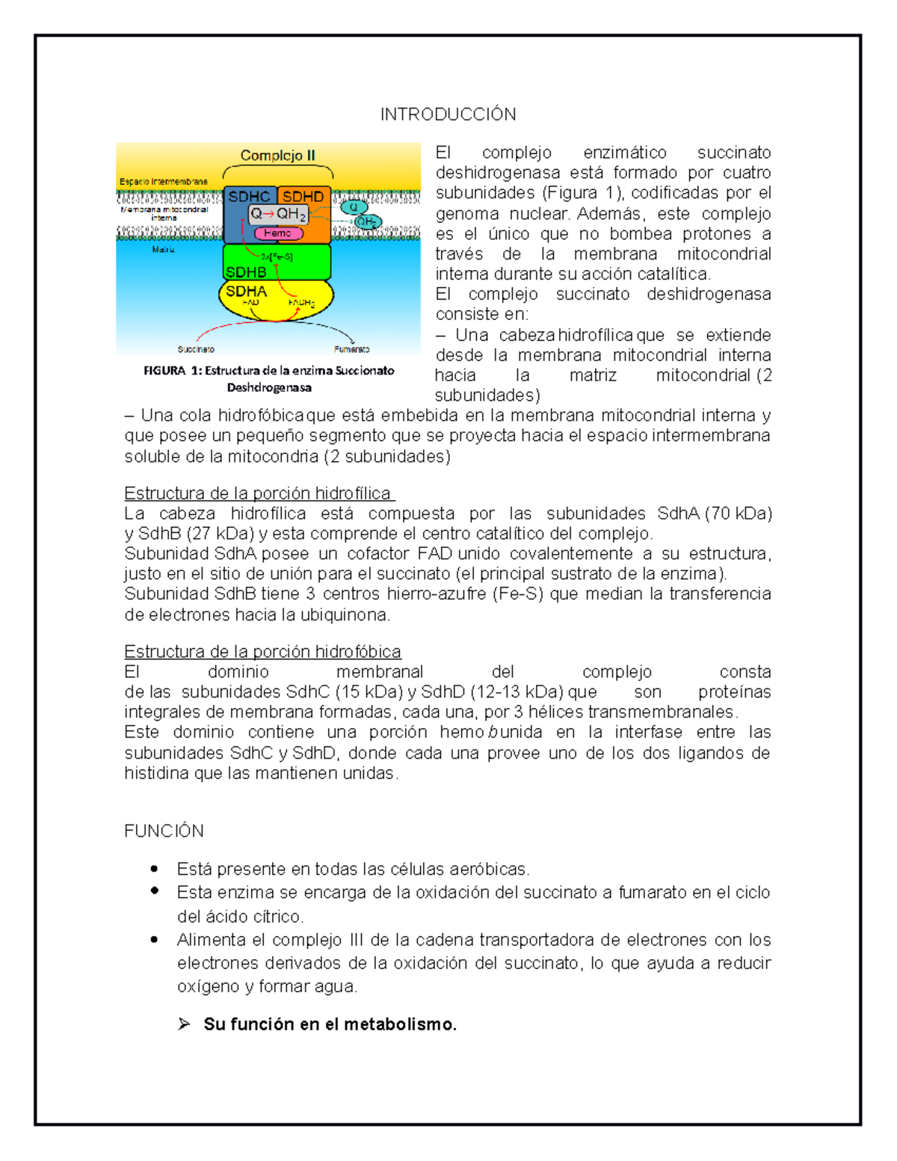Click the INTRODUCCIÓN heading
448,114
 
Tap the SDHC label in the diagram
249,197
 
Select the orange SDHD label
303,197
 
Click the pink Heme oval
277,233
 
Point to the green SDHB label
246,272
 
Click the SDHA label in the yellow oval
246,291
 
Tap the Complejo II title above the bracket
277,155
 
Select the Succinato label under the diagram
196,349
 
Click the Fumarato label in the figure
351,349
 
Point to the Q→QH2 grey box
278,214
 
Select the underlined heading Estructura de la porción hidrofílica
258,493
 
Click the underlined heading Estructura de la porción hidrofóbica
262,651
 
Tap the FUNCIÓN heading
164,831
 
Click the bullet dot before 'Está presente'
154,869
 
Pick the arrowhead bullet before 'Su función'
184,1024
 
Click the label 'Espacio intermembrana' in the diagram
164,182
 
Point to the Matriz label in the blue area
163,250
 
